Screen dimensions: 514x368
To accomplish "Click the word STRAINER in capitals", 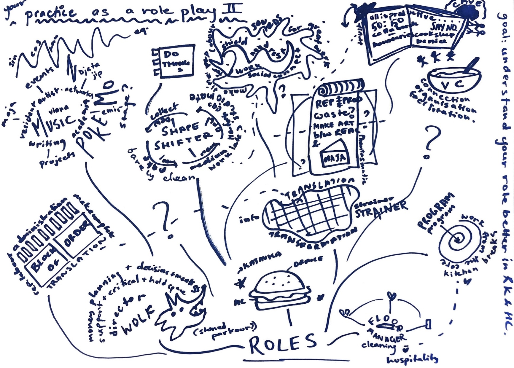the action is click(381, 209).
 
